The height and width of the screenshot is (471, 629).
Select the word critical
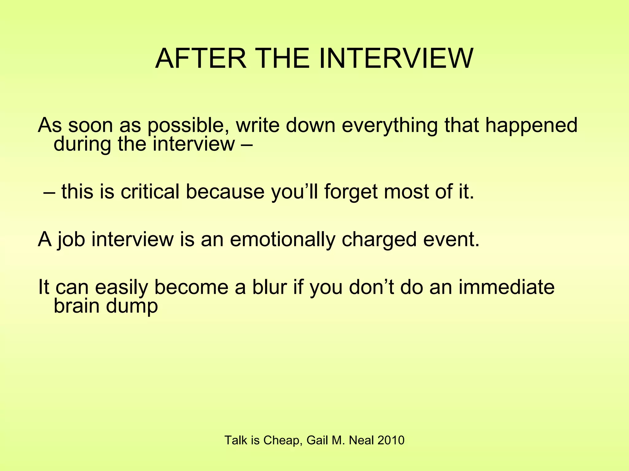click(150, 192)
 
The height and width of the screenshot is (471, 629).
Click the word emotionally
click(283, 239)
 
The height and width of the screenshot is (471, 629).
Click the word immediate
click(507, 287)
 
